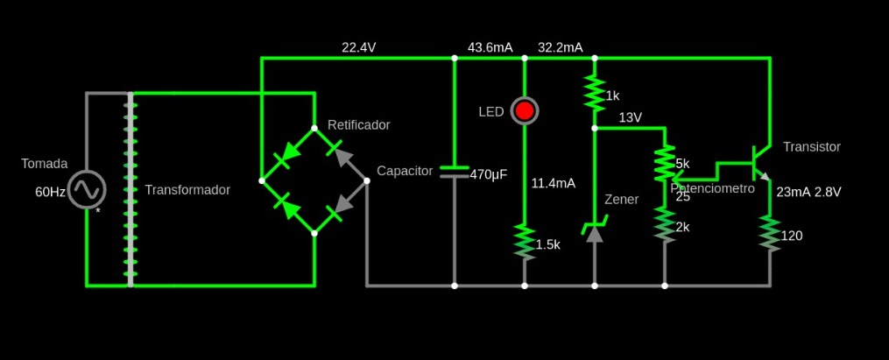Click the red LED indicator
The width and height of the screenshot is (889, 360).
pyautogui.click(x=524, y=111)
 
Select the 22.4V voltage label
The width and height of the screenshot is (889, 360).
pyautogui.click(x=358, y=47)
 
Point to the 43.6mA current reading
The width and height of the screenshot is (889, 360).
pyautogui.click(x=490, y=47)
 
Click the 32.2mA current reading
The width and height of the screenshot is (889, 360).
pyautogui.click(x=560, y=47)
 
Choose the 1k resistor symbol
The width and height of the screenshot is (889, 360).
pyautogui.click(x=595, y=93)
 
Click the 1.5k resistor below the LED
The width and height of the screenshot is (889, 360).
pyautogui.click(x=524, y=243)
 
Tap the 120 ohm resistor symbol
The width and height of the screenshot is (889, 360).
pyautogui.click(x=770, y=234)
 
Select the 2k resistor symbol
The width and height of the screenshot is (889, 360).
pyautogui.click(x=665, y=226)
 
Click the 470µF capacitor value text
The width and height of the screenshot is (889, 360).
pyautogui.click(x=489, y=174)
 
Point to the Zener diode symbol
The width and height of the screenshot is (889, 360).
pyautogui.click(x=595, y=229)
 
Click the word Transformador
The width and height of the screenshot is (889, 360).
pyautogui.click(x=187, y=190)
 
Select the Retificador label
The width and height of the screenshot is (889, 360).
pyautogui.click(x=358, y=125)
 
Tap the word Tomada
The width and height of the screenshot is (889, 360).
pyautogui.click(x=44, y=164)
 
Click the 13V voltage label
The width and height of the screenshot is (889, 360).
pyautogui.click(x=631, y=117)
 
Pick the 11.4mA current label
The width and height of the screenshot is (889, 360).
pyautogui.click(x=553, y=183)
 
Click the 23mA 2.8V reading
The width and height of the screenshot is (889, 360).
pyautogui.click(x=808, y=192)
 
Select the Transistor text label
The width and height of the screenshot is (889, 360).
pyautogui.click(x=811, y=147)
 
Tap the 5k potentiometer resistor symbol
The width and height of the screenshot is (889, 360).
pyautogui.click(x=665, y=164)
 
